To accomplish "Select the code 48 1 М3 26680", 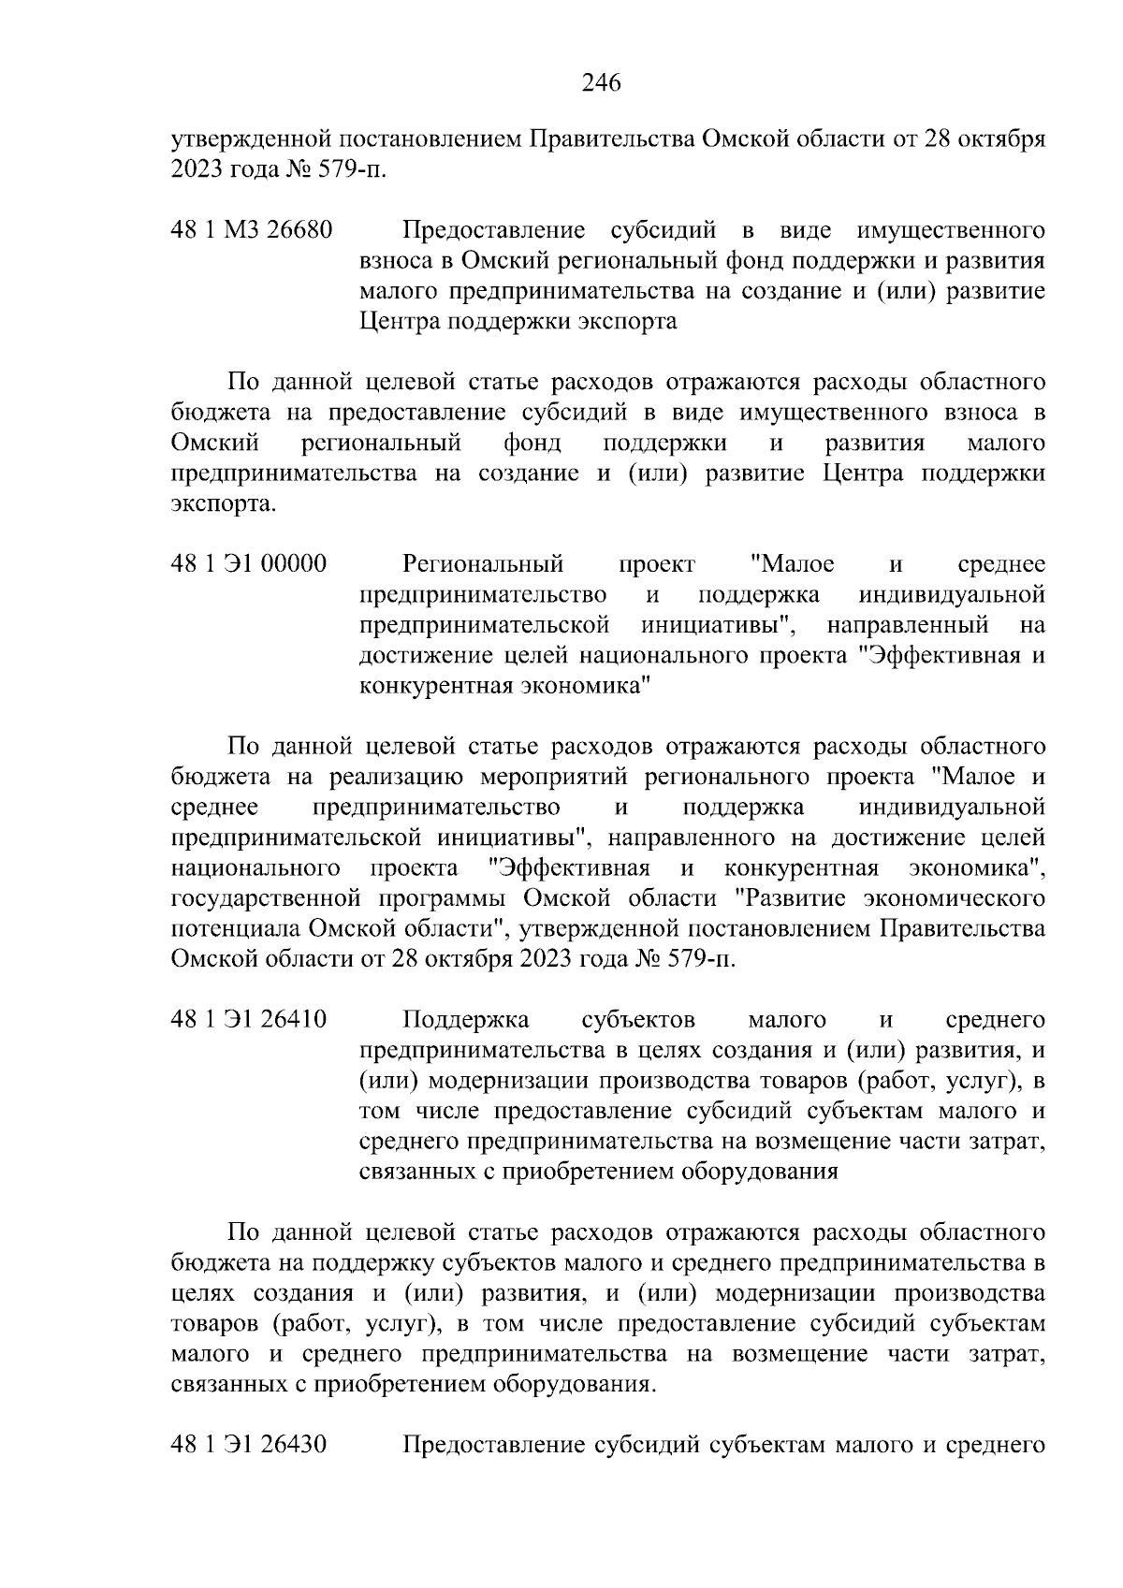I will tap(252, 230).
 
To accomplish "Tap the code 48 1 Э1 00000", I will tap(249, 564).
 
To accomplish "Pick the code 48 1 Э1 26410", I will tap(249, 1019).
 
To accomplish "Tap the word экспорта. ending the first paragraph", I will tap(225, 504).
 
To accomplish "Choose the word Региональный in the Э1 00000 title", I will tap(483, 564).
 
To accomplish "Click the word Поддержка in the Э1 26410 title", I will tap(466, 1019).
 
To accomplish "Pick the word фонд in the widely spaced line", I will tap(532, 443).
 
